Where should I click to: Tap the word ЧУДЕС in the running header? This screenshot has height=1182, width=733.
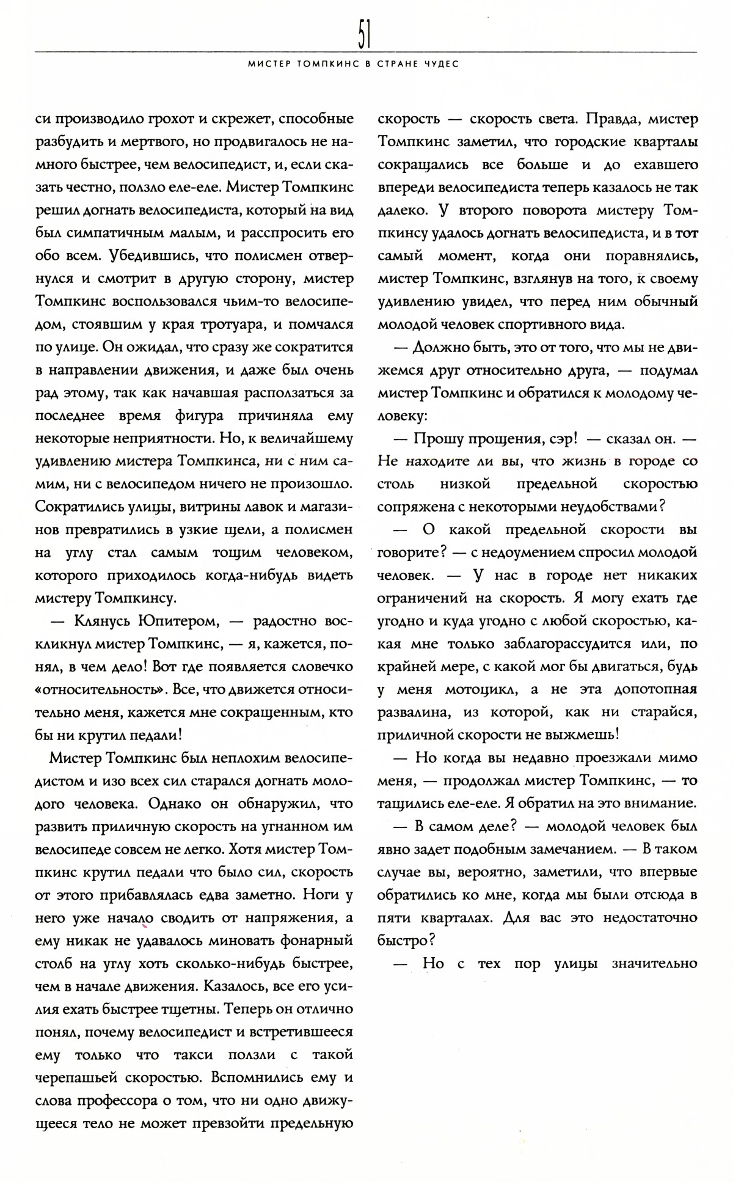click(x=441, y=63)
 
